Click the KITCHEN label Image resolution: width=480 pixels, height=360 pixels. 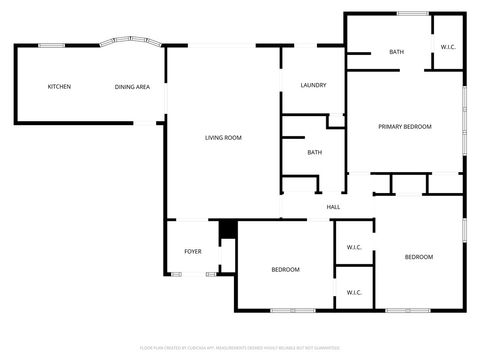(59, 87)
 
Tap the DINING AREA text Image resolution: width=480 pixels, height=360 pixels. (132, 87)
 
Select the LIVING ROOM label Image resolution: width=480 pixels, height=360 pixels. (223, 138)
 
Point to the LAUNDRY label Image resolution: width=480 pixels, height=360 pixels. (314, 85)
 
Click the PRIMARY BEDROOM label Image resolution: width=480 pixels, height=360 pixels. (404, 127)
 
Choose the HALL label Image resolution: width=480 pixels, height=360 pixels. (333, 207)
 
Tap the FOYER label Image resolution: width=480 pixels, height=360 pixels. (192, 251)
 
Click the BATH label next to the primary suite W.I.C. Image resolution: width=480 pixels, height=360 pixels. (396, 52)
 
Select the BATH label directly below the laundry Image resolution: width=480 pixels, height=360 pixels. (314, 153)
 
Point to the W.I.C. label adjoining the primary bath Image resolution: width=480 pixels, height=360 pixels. (448, 47)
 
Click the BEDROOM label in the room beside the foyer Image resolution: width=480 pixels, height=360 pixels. (285, 269)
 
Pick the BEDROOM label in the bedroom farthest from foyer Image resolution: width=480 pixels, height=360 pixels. (418, 258)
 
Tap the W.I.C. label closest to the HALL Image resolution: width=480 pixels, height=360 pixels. (353, 247)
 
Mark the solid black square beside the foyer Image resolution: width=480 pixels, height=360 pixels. (227, 229)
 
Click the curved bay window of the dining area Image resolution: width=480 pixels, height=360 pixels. (131, 43)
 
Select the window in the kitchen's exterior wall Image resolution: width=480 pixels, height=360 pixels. (50, 45)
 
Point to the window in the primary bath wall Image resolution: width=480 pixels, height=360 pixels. (412, 13)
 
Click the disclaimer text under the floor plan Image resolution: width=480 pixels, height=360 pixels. (240, 348)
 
